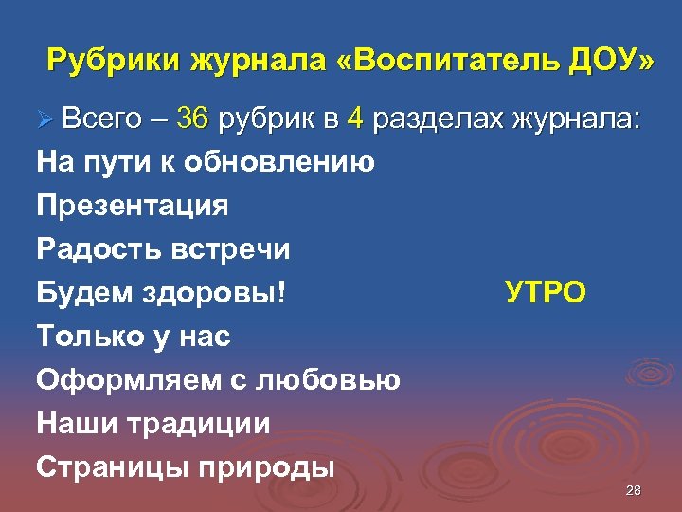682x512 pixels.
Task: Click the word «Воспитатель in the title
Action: [x=440, y=62]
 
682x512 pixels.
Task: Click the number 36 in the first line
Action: [x=192, y=120]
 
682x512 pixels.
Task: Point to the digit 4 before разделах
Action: [x=355, y=120]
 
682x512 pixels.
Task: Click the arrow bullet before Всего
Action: [x=45, y=121]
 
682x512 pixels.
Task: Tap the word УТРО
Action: [x=545, y=293]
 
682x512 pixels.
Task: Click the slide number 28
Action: [x=634, y=490]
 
